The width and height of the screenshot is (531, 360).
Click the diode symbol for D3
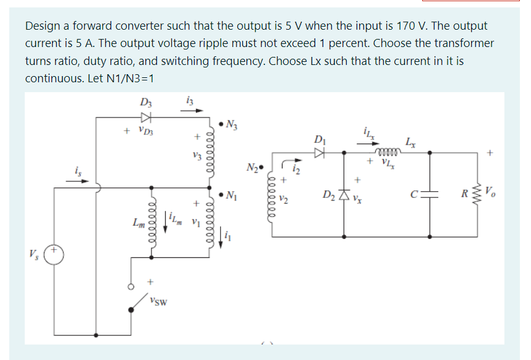(x=147, y=118)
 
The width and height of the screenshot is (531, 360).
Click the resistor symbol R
(x=477, y=197)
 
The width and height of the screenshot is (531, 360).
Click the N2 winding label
(x=254, y=166)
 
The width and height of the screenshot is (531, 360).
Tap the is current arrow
(x=81, y=181)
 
